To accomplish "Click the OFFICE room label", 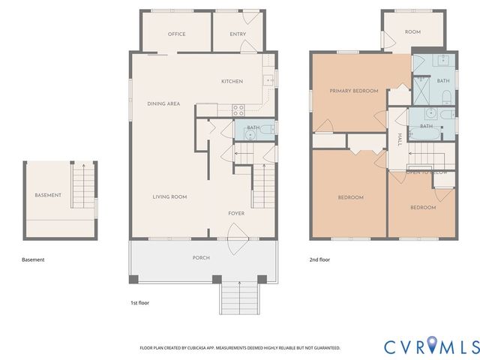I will (177, 34).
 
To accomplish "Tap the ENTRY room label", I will (238, 34).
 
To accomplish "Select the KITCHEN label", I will (232, 81).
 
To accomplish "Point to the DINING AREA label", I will (163, 103).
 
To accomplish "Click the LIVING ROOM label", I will (169, 196).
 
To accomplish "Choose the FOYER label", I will (236, 214).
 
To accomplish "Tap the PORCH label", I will (201, 257).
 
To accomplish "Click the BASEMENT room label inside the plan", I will (48, 195).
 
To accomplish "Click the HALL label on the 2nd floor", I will (400, 139).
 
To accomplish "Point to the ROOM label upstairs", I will (412, 31).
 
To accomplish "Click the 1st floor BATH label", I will (253, 127).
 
